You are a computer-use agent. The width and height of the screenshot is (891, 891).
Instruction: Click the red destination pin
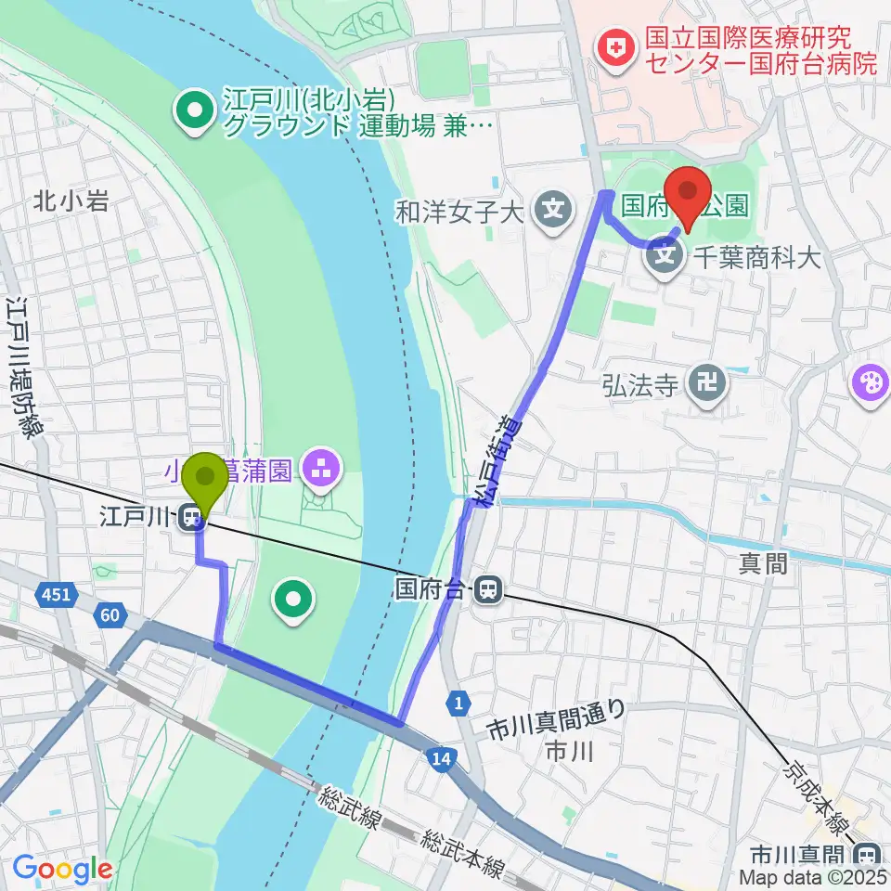click(x=689, y=192)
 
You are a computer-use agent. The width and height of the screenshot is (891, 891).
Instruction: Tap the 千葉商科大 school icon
click(x=665, y=251)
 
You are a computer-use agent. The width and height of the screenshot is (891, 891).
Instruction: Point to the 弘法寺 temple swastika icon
click(x=706, y=383)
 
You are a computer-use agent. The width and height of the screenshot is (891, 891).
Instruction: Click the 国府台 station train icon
click(x=486, y=588)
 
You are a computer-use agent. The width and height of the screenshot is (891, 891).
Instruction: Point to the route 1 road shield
click(x=457, y=703)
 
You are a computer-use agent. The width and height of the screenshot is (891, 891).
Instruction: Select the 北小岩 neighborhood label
click(x=71, y=200)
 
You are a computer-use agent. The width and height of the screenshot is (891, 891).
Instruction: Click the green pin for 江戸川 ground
click(x=195, y=113)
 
